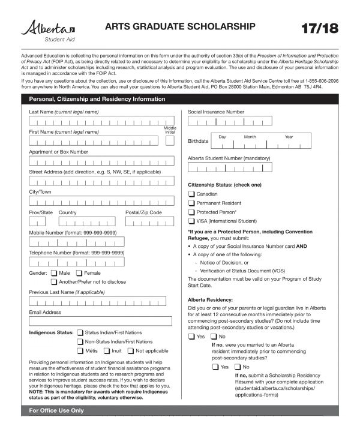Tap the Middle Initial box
click(170, 141)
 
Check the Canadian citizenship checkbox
click(191, 194)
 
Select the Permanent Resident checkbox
click(191, 203)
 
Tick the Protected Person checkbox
click(191, 212)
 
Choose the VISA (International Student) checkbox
click(191, 221)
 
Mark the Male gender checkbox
click(54, 273)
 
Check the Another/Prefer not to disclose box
click(54, 281)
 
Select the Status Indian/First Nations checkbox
click(80, 332)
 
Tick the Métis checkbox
click(80, 350)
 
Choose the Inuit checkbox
click(106, 350)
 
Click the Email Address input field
click(100, 321)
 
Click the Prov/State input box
click(37, 222)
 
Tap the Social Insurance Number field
click(230, 121)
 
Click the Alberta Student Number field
click(230, 167)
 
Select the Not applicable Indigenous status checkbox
click(130, 350)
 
